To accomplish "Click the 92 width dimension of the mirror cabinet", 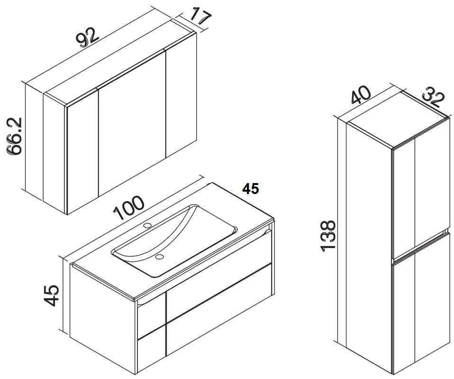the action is point(88,37).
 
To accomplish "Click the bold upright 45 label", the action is point(251,189).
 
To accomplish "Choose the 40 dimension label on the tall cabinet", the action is point(361,95).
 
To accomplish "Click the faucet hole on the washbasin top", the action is point(148,225).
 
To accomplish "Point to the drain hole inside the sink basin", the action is point(159,257).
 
